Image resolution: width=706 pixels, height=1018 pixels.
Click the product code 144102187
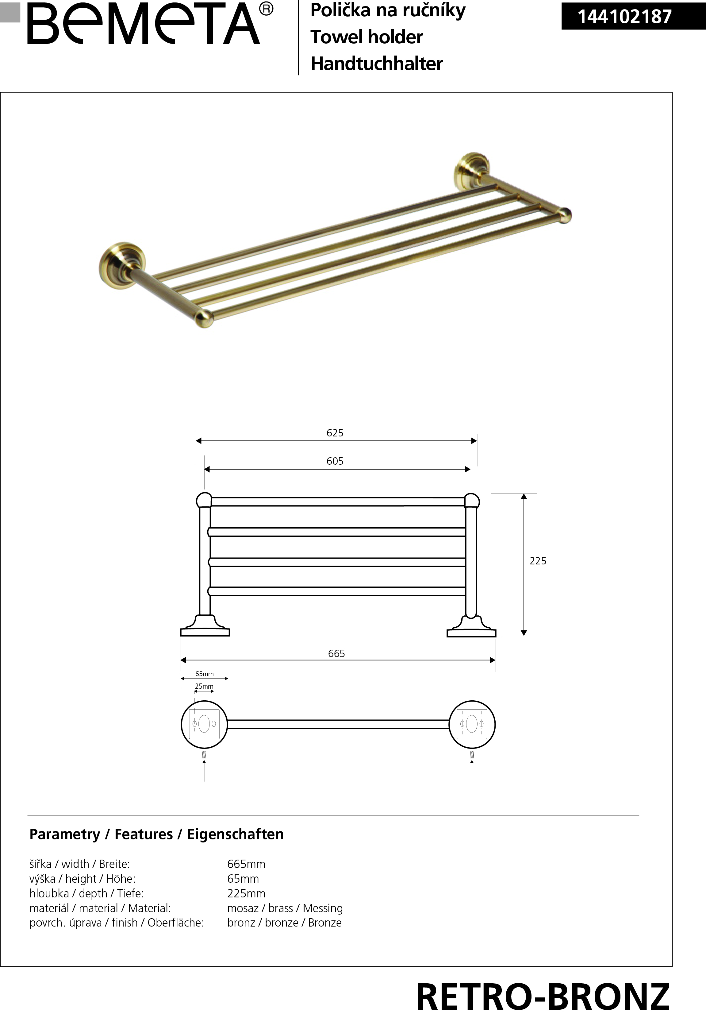pos(625,17)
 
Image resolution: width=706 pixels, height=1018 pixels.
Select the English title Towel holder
pos(367,37)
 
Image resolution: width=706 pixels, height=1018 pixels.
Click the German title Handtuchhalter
pos(376,63)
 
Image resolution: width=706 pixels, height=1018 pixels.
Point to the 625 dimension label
pos(335,432)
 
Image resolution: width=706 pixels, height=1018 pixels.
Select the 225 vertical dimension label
pos(538,561)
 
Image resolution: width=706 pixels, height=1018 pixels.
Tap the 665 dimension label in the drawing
pos(336,653)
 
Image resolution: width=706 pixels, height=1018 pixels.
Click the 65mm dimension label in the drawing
pos(204,674)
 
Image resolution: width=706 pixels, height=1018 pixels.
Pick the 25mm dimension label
pos(204,686)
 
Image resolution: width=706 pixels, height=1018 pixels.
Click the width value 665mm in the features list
pos(246,864)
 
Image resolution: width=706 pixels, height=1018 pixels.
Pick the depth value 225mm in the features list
pos(246,893)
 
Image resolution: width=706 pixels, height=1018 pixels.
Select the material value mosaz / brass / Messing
pos(285,908)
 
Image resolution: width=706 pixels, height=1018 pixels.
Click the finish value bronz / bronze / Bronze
pos(284,922)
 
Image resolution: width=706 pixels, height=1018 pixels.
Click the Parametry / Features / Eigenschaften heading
pos(156,834)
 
